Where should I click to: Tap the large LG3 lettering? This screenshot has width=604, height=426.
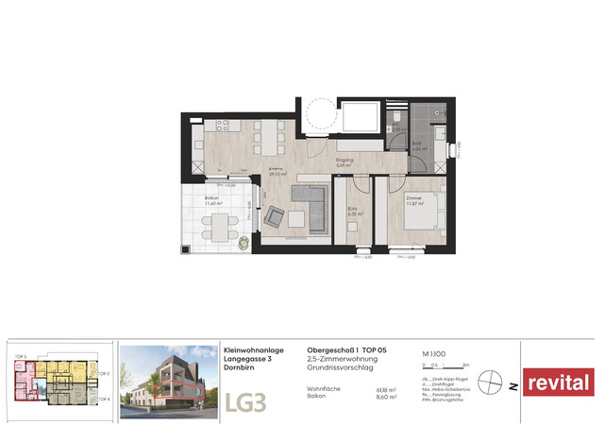pyautogui.click(x=245, y=400)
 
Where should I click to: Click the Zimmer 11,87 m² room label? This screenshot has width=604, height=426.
pyautogui.click(x=414, y=201)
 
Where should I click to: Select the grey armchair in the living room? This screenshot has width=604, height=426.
pyautogui.click(x=275, y=216)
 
